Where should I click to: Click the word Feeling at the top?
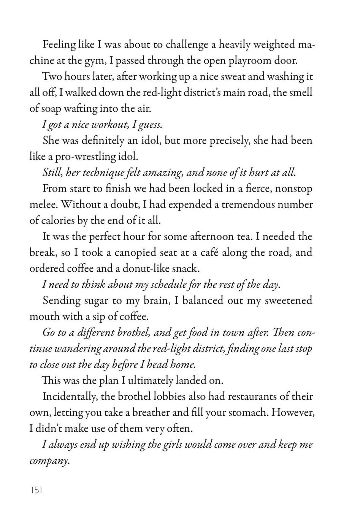point(59,45)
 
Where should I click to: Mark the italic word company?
point(50,461)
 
